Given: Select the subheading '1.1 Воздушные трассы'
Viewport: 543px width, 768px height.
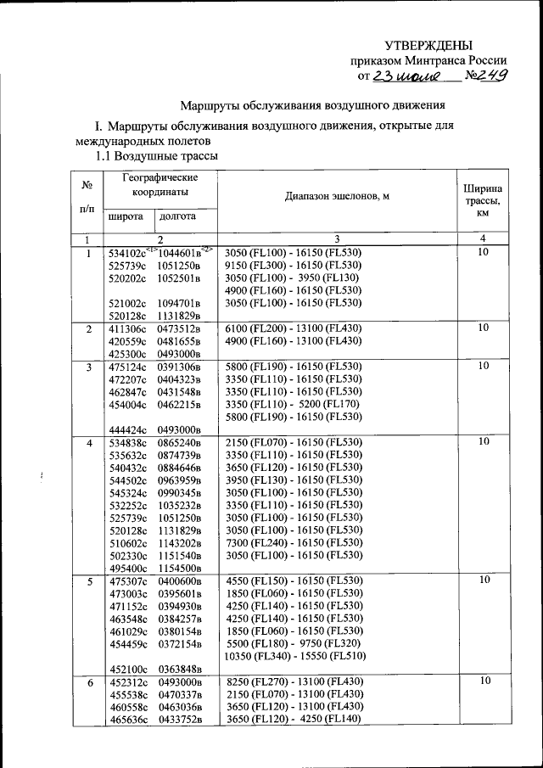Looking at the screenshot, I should coord(156,157).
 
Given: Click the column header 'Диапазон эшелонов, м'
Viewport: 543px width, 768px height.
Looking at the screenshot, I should coord(337,196).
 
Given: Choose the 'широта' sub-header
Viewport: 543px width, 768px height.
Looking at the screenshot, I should coord(125,216).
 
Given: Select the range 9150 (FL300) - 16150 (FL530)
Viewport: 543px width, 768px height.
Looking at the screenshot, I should coord(293,265).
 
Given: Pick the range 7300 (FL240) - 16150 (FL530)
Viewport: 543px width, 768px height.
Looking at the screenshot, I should coord(293,542).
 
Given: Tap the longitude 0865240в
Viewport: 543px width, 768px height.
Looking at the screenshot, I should coord(179,443).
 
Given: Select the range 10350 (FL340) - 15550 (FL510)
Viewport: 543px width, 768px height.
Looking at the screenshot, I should coord(294,657).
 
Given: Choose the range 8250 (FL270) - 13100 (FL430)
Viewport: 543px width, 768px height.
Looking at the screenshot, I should coord(293,681).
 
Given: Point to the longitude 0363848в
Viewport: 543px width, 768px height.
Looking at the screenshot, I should coord(179,669).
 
